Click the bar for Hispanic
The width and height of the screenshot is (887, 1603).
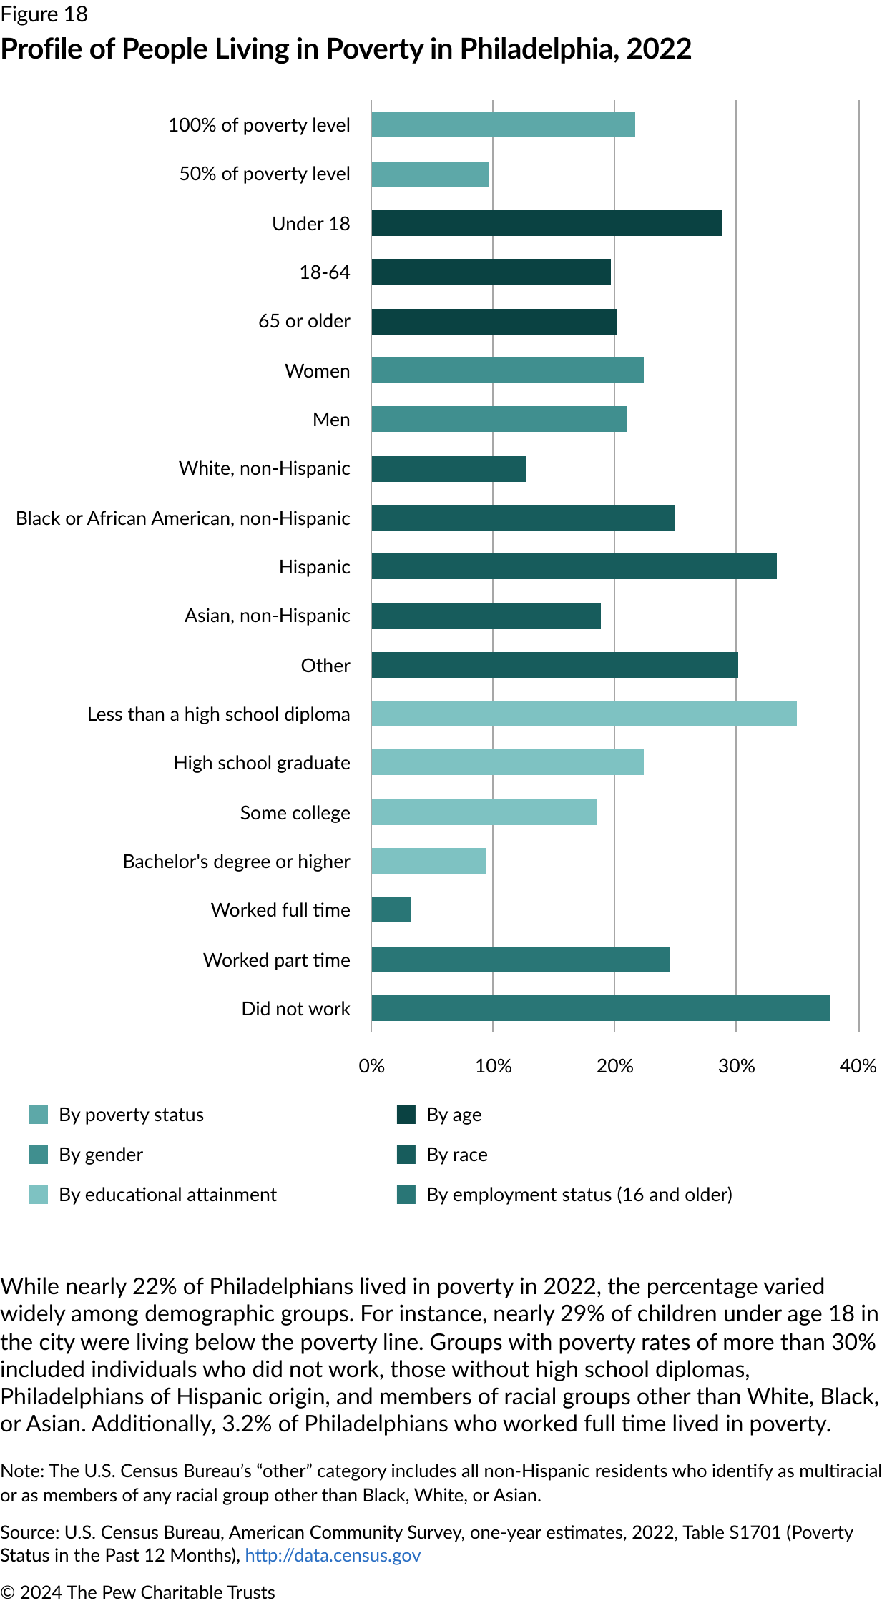[x=574, y=566]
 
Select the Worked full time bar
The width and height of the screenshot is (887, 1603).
[x=391, y=909]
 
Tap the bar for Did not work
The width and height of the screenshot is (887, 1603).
[x=600, y=1008]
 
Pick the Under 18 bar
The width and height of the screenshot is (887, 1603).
[x=547, y=223]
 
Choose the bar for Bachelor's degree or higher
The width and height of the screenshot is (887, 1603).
[x=428, y=861]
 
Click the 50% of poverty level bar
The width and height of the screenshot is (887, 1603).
[x=430, y=174]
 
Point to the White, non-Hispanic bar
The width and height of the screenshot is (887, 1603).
[x=449, y=469]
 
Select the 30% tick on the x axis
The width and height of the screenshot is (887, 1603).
[x=736, y=1066]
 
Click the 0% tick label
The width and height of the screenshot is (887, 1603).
[x=371, y=1066]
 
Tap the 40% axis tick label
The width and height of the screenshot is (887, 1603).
[x=858, y=1066]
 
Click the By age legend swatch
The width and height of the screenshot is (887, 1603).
[x=406, y=1115]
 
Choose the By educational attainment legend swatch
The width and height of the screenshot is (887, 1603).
[x=39, y=1195]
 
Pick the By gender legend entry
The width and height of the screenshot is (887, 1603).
[x=101, y=1155]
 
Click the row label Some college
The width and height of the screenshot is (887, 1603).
[x=295, y=813]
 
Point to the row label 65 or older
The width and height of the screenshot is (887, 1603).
[x=304, y=321]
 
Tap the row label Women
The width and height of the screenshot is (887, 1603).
[x=317, y=371]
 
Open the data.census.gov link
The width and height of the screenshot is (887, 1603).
[x=333, y=1555]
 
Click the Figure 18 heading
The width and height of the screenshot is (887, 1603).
[x=44, y=14]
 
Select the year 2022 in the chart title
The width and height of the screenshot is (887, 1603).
[x=659, y=49]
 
